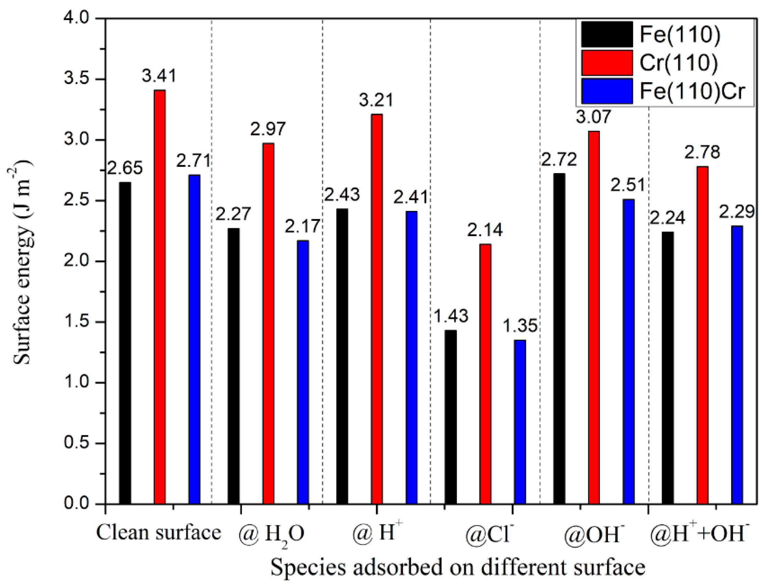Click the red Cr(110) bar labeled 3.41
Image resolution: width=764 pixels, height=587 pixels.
(160, 297)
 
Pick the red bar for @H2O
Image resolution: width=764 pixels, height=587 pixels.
(268, 323)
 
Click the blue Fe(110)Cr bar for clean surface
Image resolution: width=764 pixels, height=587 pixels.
(194, 339)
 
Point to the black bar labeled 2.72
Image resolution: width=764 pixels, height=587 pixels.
(559, 339)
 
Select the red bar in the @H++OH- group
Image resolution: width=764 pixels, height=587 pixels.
(702, 335)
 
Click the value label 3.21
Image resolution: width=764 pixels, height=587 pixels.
(376, 100)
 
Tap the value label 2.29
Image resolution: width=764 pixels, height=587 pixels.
(737, 212)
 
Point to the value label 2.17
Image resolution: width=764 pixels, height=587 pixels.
(302, 226)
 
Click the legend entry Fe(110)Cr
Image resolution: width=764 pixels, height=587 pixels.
(693, 91)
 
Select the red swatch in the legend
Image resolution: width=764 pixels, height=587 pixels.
(607, 63)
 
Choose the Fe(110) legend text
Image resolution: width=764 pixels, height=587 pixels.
(680, 35)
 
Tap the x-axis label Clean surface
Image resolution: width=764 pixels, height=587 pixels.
(159, 533)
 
